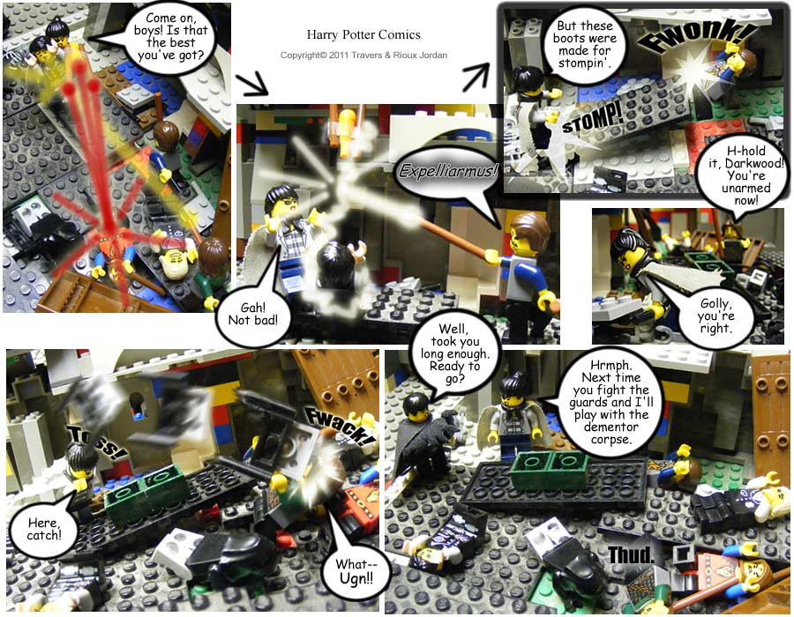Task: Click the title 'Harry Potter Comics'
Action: click(x=363, y=34)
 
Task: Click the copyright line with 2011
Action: click(x=363, y=56)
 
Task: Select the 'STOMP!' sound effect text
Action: click(x=592, y=119)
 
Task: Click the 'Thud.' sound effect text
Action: click(x=631, y=554)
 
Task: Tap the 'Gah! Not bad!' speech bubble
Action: click(x=252, y=313)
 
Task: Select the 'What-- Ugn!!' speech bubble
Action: click(x=355, y=571)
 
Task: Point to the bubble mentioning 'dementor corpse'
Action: click(x=610, y=402)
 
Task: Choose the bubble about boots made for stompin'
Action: click(x=584, y=44)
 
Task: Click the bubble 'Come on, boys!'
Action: click(x=170, y=38)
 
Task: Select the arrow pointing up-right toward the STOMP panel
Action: click(x=476, y=77)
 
